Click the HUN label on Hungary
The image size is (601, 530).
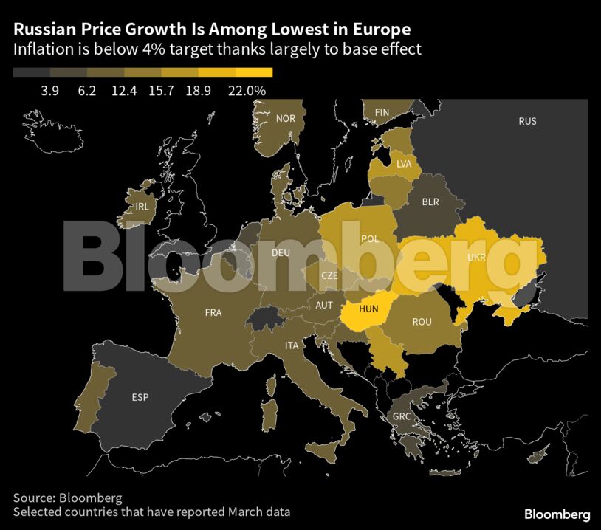(368, 310)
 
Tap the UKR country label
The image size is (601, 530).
(477, 258)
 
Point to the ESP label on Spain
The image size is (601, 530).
(140, 397)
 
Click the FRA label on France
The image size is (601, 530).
(213, 312)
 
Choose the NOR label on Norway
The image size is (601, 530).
(285, 118)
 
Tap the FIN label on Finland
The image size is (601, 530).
(382, 112)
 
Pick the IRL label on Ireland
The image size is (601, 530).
(142, 207)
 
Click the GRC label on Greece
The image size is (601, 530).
(402, 416)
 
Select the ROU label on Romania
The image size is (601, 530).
(422, 321)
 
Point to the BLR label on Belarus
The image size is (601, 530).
(430, 201)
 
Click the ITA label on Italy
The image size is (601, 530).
(292, 345)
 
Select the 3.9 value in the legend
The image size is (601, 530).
(50, 90)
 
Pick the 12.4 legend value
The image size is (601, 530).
(125, 90)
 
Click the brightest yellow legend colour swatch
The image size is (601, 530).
(254, 72)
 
